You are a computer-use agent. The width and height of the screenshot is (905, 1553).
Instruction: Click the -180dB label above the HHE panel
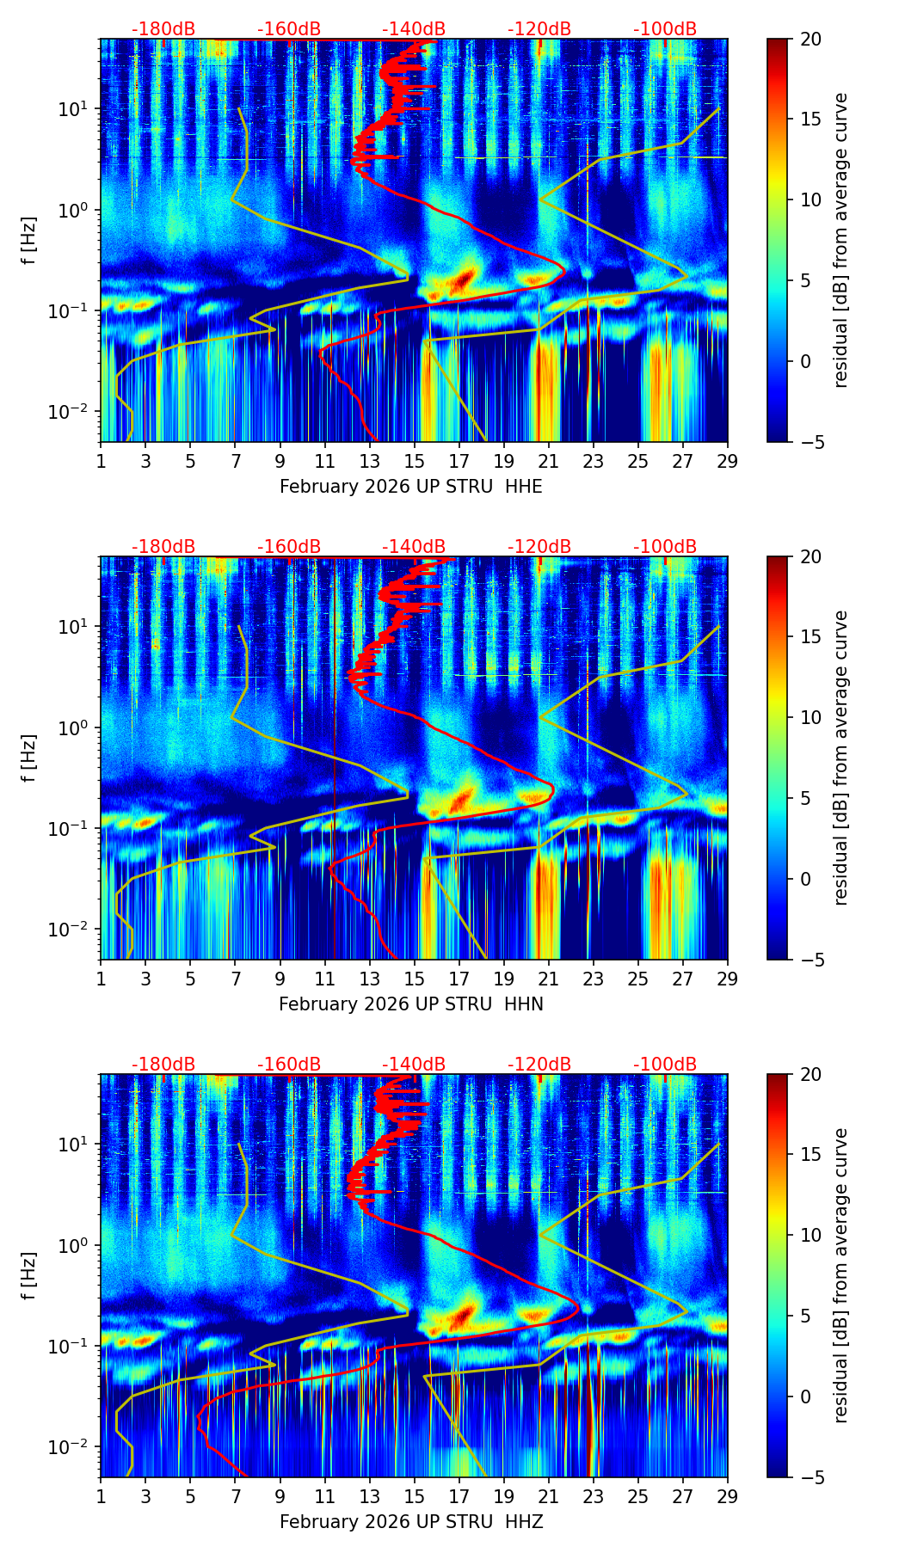point(163,29)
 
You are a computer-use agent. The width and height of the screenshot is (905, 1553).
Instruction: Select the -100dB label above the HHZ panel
point(665,1065)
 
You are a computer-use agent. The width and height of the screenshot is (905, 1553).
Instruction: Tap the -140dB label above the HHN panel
point(414,547)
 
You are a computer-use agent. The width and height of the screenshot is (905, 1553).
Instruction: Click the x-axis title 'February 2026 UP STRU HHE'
point(411,487)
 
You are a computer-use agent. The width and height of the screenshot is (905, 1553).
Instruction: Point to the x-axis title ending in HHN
point(411,1004)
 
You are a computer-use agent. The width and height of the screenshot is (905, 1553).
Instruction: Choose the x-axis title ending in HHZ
point(411,1522)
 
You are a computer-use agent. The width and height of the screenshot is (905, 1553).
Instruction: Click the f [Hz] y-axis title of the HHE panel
point(28,241)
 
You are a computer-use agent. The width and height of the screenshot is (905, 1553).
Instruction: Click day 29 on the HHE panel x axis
point(728,461)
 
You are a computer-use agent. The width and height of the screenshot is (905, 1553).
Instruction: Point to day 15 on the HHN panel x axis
point(415,979)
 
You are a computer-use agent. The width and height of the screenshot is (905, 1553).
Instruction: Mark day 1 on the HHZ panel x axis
point(101,1496)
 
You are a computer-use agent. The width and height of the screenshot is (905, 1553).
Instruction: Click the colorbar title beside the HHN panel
point(840,758)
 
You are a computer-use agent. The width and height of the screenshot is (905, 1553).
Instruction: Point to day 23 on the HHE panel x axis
point(594,461)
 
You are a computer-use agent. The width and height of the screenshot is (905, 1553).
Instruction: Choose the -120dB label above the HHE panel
point(539,29)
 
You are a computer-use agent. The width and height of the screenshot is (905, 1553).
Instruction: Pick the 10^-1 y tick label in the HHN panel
point(68,828)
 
